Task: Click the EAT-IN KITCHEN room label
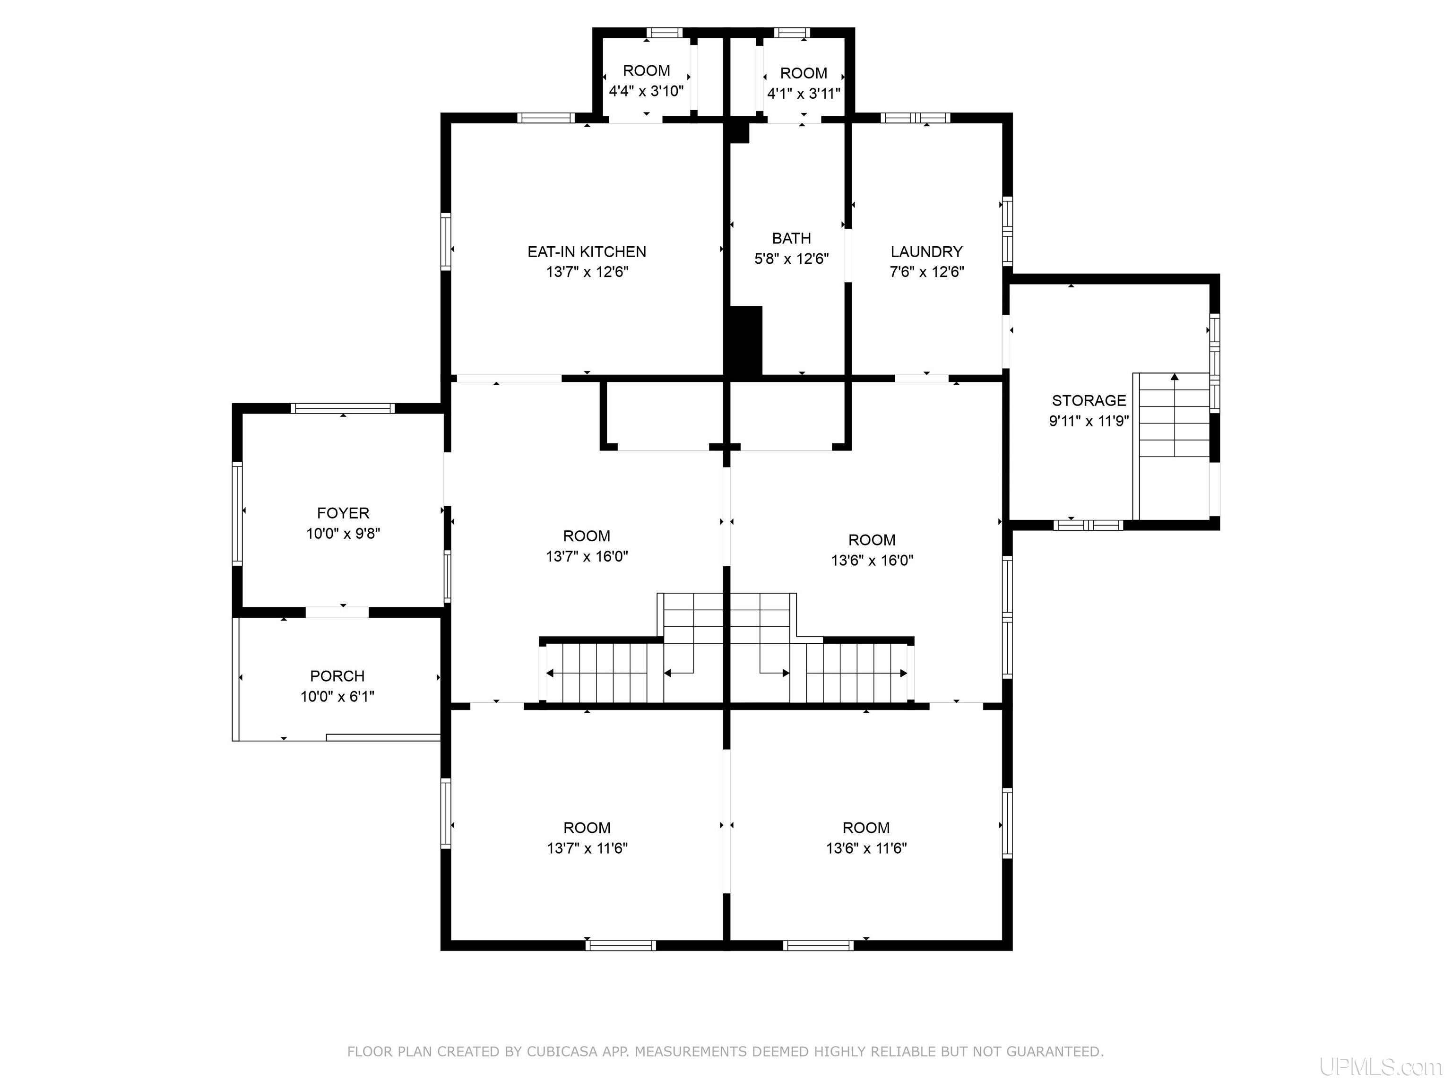pos(587,252)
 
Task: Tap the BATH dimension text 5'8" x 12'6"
pos(792,259)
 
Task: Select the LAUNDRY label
pos(926,252)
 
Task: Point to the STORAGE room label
pos(1089,400)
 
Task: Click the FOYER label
pos(343,513)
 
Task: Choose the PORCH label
pos(337,676)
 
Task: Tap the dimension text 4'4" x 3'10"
pos(647,91)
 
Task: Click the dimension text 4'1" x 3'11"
pos(804,94)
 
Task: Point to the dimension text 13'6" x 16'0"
pos(873,561)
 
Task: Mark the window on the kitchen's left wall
pos(446,242)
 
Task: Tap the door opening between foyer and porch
pos(337,612)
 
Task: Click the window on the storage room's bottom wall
pos(1089,525)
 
